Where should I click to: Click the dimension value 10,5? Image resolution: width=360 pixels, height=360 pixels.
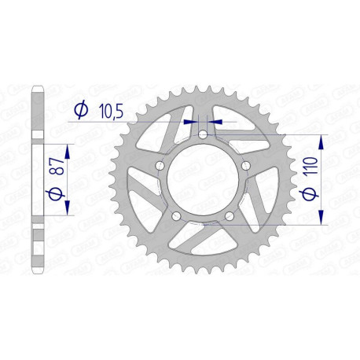click(112, 113)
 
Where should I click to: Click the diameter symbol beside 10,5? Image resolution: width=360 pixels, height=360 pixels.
click(81, 113)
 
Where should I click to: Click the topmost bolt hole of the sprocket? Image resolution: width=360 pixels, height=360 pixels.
click(204, 135)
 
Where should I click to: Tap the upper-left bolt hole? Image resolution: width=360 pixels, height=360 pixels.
click(161, 166)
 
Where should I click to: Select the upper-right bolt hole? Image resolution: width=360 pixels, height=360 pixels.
click(245, 166)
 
